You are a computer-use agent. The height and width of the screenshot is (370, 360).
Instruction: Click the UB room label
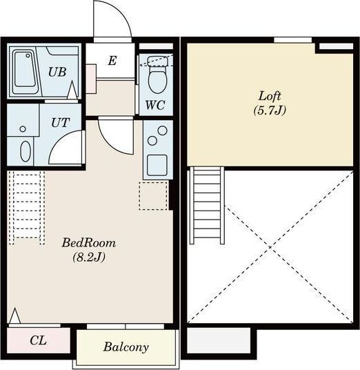(57, 72)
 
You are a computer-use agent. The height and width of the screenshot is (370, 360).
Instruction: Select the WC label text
(155, 105)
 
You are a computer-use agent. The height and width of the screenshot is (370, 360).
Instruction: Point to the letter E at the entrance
(112, 61)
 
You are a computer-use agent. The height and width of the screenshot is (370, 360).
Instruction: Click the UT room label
(61, 123)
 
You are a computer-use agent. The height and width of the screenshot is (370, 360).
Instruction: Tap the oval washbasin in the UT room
(26, 151)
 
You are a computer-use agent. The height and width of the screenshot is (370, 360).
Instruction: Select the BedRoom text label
(89, 243)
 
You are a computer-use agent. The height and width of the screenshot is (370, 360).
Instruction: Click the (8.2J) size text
(89, 257)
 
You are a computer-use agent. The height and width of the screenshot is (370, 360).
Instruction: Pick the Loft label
(270, 96)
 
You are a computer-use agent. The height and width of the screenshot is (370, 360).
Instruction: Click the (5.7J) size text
(270, 110)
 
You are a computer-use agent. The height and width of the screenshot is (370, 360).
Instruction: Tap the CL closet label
(38, 340)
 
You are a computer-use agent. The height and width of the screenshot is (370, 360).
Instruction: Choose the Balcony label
(126, 347)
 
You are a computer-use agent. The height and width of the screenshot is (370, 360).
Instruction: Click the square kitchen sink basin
(157, 165)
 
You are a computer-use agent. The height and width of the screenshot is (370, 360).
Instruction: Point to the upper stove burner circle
(163, 130)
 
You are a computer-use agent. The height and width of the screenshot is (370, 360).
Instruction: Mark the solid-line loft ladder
(207, 205)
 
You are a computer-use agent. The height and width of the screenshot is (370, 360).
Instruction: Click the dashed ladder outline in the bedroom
(27, 208)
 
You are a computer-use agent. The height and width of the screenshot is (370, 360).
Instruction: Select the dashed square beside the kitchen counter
(153, 195)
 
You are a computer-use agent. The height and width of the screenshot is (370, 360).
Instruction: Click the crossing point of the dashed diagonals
(270, 247)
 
